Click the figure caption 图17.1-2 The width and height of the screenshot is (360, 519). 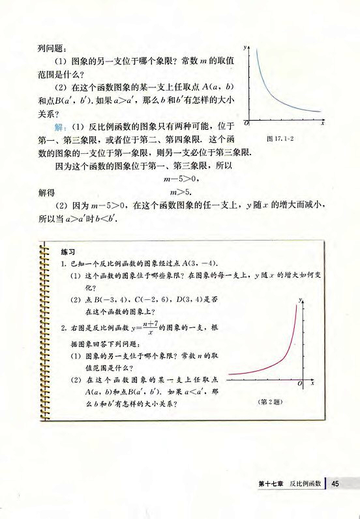(282, 139)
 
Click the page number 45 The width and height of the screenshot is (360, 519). (337, 483)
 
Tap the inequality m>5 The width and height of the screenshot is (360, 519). (180, 192)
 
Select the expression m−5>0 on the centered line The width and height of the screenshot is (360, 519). (180, 178)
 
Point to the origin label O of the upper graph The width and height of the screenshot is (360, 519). (246, 123)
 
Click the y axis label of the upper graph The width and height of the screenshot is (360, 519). (245, 48)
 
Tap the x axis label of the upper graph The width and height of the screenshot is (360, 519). (323, 124)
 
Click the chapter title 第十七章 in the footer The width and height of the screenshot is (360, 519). (271, 483)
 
